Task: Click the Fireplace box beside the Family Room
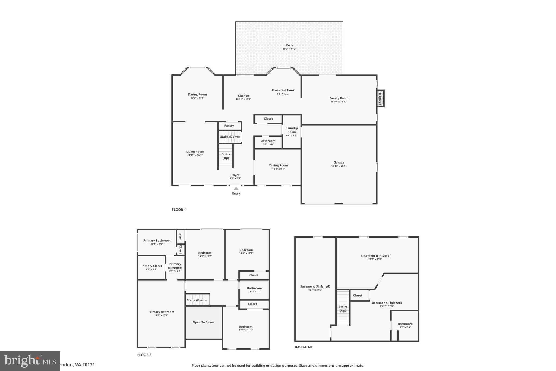380,98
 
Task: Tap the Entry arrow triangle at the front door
236,188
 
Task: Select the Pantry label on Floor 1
229,126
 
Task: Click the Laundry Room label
292,130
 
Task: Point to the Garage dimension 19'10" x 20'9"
339,166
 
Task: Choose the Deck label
289,45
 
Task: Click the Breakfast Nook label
283,90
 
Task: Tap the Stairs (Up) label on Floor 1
226,156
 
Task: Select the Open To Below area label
204,322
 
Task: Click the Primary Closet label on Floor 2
151,266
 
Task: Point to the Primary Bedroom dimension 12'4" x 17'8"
161,316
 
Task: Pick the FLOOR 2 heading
144,355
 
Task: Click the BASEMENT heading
304,347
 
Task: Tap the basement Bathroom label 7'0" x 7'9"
405,324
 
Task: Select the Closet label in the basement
358,295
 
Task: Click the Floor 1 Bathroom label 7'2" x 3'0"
268,141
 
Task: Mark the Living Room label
195,152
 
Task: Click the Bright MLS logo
30,361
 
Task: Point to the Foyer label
235,175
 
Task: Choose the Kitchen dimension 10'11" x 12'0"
243,99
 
